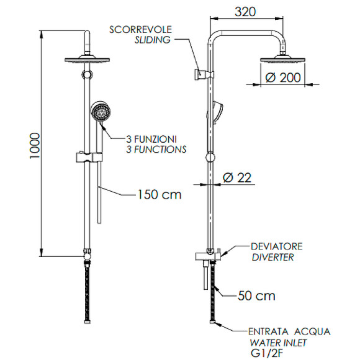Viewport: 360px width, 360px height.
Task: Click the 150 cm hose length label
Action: (159, 194)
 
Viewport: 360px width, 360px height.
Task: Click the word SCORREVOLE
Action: (140, 30)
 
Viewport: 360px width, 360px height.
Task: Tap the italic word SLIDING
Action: (151, 40)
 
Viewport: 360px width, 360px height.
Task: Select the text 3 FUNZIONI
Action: (151, 139)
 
